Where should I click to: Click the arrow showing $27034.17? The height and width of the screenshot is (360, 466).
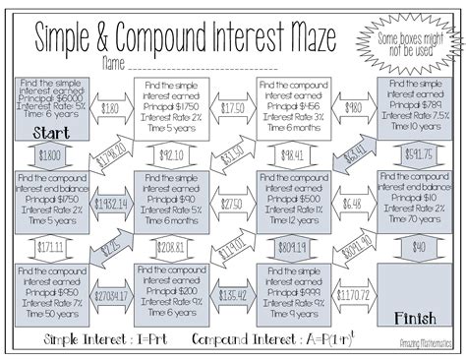pyautogui.click(x=111, y=293)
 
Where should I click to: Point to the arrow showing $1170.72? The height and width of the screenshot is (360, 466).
pyautogui.click(x=352, y=293)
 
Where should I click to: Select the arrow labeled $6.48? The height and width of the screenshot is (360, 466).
pyautogui.click(x=351, y=202)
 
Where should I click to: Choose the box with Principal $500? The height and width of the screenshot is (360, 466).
pyautogui.click(x=292, y=200)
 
